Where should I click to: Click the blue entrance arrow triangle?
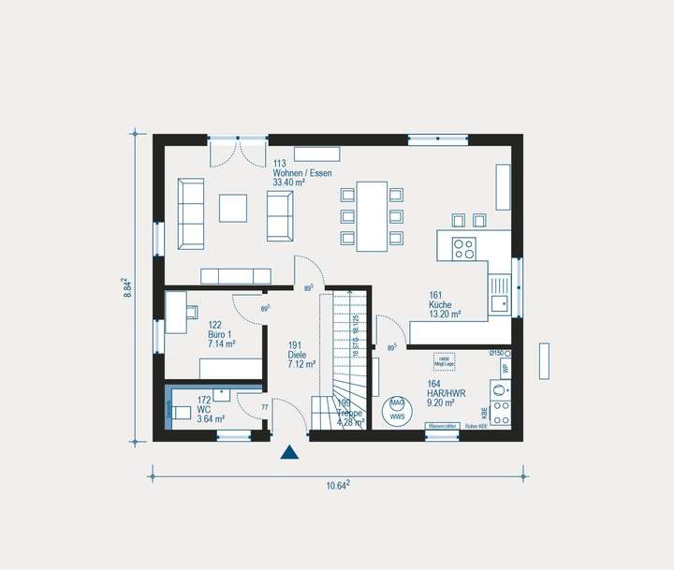point(290,453)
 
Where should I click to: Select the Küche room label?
point(441,305)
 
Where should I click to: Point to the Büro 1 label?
point(221,334)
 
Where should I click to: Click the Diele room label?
point(298,355)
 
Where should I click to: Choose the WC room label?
point(205,409)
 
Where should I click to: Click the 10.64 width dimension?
point(338,485)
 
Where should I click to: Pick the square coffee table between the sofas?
point(234,208)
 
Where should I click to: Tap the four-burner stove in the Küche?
point(463,248)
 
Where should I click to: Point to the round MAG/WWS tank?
point(397,409)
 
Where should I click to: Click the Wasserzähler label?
point(441,426)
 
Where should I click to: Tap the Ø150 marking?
point(497,353)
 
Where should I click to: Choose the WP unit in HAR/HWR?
point(504,369)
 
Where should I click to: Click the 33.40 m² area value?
point(289,183)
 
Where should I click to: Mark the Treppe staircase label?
point(349,414)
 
